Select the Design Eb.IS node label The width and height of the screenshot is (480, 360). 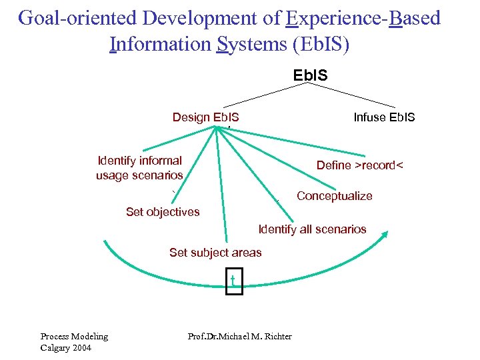click(x=205, y=117)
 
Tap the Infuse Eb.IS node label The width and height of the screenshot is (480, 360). click(x=384, y=117)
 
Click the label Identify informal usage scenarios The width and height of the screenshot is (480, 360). click(x=139, y=168)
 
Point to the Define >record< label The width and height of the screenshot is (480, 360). click(x=360, y=165)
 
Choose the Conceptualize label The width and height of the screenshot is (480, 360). click(x=334, y=196)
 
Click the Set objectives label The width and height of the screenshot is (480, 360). click(x=163, y=212)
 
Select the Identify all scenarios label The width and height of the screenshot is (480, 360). click(x=312, y=229)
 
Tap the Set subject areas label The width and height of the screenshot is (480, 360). click(x=215, y=252)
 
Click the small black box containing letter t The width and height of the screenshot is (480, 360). click(x=233, y=281)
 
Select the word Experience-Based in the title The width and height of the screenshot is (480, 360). click(x=363, y=18)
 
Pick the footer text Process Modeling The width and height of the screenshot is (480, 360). click(x=74, y=336)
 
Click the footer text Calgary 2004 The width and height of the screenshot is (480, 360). click(x=65, y=348)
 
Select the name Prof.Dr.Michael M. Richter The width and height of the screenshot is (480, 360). click(x=240, y=336)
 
